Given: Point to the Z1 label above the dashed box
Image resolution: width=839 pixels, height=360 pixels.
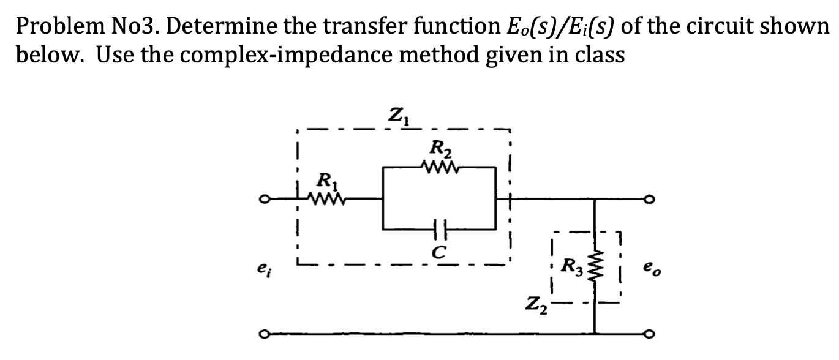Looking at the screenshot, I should pyautogui.click(x=397, y=114).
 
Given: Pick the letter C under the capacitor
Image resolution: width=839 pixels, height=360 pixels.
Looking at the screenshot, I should pyautogui.click(x=438, y=250).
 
